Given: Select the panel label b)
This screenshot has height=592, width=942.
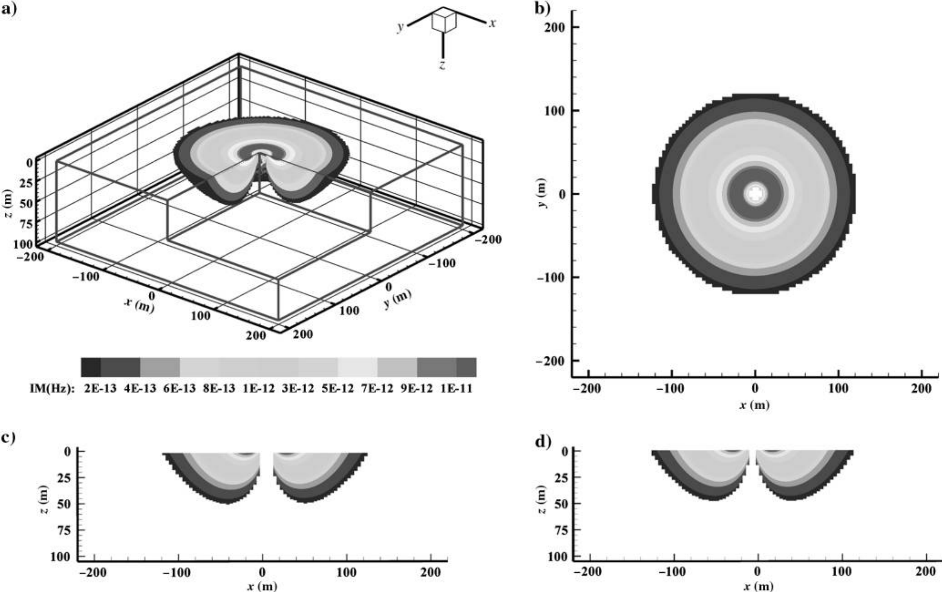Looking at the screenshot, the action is (x=542, y=9).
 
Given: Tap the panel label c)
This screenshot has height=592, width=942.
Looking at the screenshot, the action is (x=9, y=437).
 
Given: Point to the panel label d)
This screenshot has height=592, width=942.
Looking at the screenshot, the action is (x=543, y=442).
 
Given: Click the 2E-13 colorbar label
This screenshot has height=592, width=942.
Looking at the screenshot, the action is (x=100, y=388).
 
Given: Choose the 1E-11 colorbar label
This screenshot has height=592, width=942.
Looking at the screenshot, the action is (x=456, y=388).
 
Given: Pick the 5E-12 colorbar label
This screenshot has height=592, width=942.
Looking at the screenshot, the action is (x=338, y=388).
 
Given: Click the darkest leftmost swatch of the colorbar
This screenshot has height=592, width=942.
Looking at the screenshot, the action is (x=91, y=367).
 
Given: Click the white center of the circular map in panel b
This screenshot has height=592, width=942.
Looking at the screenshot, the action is (x=755, y=194).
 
